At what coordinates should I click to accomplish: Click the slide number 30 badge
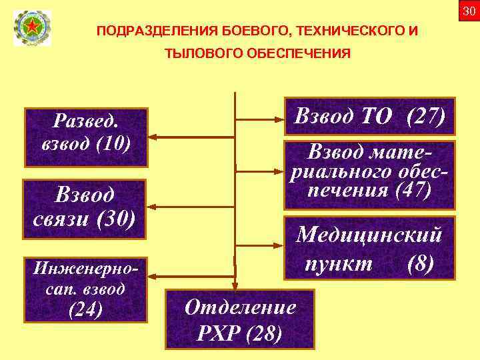click(469, 10)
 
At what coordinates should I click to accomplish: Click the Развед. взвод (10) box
click(85, 137)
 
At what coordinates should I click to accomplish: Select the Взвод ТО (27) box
click(369, 117)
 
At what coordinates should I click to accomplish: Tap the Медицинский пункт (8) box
click(369, 248)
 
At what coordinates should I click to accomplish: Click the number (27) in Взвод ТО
click(425, 117)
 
